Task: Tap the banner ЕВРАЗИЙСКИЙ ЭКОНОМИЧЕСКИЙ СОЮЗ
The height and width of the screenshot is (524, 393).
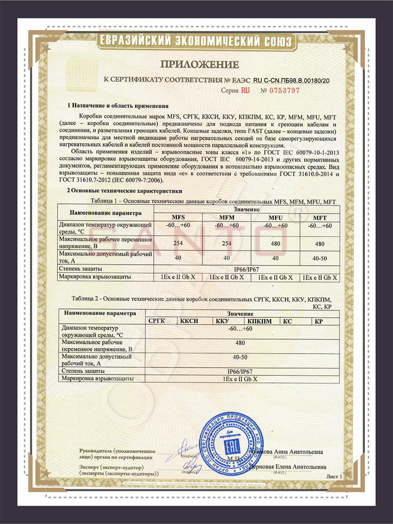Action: pos(196,40)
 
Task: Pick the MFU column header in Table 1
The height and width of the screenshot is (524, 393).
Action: pos(276,218)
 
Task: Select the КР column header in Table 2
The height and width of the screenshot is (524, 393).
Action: pos(319,321)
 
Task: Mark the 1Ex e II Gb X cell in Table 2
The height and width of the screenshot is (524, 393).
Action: pos(240,378)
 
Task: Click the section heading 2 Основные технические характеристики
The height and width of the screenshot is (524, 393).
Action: pos(125,190)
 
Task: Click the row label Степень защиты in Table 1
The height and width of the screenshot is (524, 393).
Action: pos(80,269)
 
